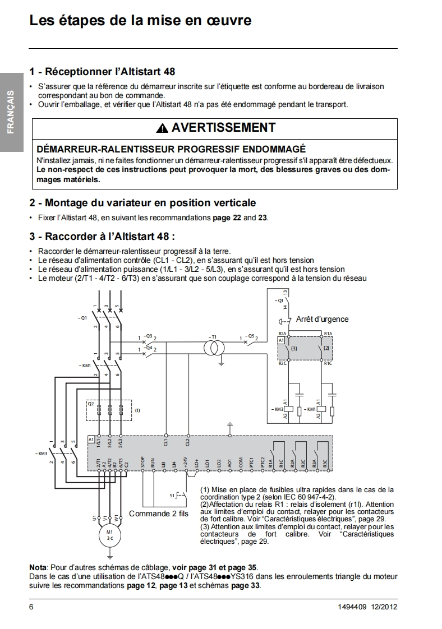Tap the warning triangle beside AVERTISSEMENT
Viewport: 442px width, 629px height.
(x=162, y=128)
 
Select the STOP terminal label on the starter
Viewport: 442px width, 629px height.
(x=144, y=462)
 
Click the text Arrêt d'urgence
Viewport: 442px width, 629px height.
(x=322, y=319)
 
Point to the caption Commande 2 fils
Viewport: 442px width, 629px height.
(x=159, y=514)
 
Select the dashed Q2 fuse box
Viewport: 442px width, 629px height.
(x=109, y=410)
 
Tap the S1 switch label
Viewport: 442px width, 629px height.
(x=172, y=496)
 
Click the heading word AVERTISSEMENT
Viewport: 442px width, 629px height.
(x=223, y=128)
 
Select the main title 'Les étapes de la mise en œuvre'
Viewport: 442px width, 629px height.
(x=140, y=21)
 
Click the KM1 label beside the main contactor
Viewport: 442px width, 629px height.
(x=86, y=365)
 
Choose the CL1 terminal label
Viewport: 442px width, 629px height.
(x=165, y=442)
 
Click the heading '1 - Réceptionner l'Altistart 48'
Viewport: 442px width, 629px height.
(x=102, y=72)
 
